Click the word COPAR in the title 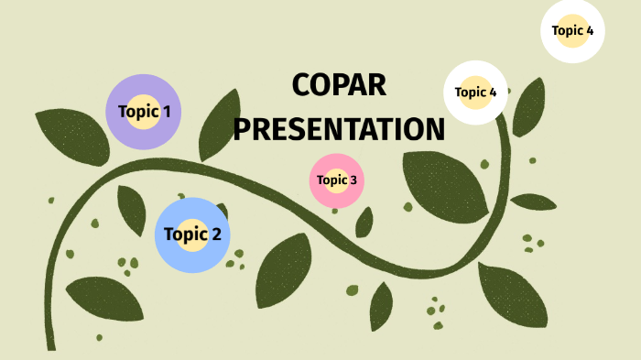coord(339,85)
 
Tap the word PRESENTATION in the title coord(339,128)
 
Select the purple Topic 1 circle coord(144,112)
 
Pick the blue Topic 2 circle coord(192,235)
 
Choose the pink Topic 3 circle coord(337,180)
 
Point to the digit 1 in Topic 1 coord(167,112)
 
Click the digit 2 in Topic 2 coord(216,234)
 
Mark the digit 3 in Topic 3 coord(353,180)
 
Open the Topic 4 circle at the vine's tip coord(476,92)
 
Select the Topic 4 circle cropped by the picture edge coord(573,30)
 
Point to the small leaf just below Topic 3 coord(364,222)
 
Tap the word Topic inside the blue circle coord(186,234)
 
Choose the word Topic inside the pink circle coord(331,180)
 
